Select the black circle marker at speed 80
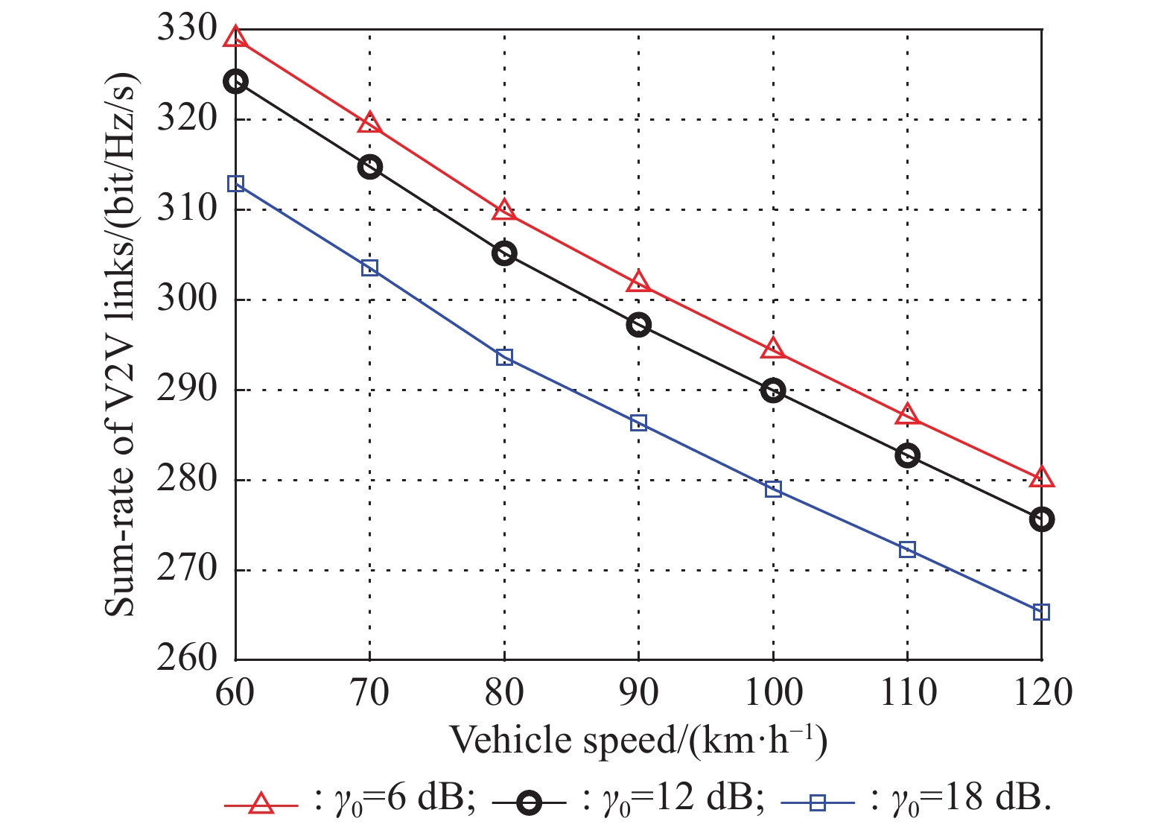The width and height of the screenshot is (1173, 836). click(x=504, y=254)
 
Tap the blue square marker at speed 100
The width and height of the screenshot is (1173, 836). click(x=773, y=490)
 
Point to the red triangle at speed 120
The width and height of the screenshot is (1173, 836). click(x=1042, y=478)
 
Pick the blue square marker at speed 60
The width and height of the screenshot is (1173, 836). click(x=235, y=183)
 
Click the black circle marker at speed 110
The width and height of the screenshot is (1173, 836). click(x=907, y=455)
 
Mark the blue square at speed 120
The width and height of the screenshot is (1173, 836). click(x=1042, y=612)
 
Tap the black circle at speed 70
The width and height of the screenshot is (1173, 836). click(x=369, y=167)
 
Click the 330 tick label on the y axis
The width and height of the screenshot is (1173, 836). click(x=186, y=30)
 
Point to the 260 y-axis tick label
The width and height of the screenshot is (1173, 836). click(x=186, y=659)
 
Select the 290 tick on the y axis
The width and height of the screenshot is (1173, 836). click(x=186, y=389)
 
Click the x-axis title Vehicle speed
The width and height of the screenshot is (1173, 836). click(x=638, y=741)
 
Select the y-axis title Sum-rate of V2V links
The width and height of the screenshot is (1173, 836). click(x=121, y=346)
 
